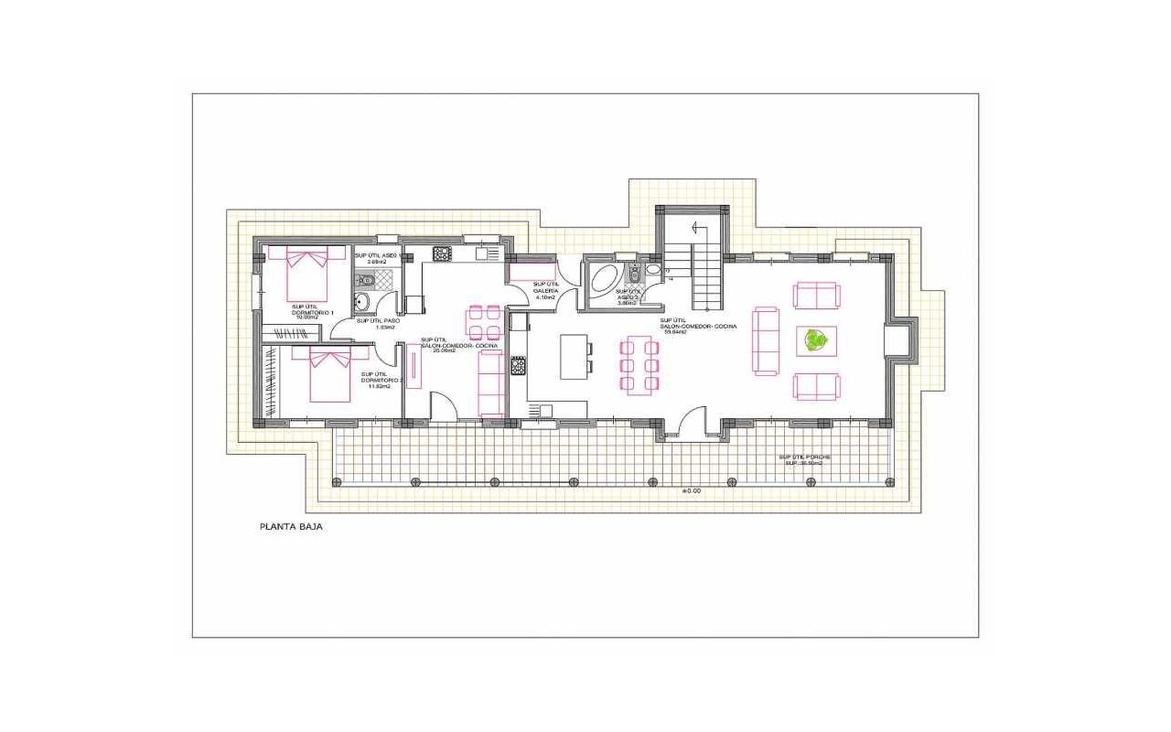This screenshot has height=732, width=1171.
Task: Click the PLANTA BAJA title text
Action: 292,527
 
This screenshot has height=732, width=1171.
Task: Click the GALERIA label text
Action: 545,291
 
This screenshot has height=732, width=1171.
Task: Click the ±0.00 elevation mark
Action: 691,490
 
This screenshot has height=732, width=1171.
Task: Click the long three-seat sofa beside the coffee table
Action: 765,340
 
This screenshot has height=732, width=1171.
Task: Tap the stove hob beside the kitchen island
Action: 518,366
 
